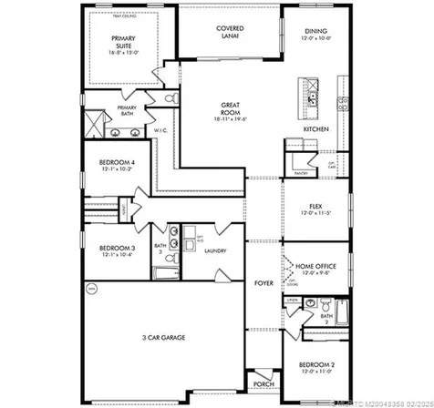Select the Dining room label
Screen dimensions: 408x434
point(315,33)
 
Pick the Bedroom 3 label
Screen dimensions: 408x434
point(118,249)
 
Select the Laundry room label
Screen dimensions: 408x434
point(215,250)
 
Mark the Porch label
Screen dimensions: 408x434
point(263,382)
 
